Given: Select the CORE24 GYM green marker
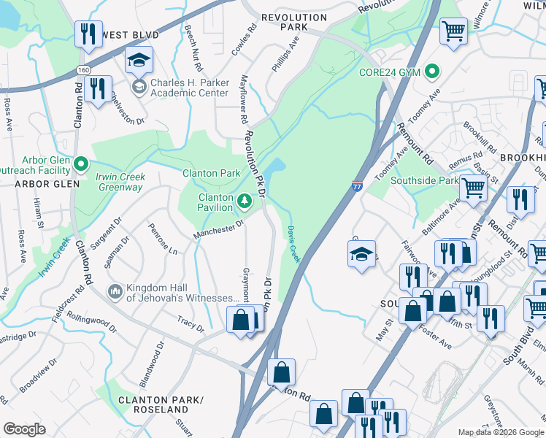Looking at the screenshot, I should tap(432, 72).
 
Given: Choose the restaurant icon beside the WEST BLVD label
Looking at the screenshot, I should tap(88, 33).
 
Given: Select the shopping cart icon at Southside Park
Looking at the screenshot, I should tap(473, 188).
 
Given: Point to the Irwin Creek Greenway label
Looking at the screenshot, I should tap(120, 182).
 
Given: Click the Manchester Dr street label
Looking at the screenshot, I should tap(218, 230).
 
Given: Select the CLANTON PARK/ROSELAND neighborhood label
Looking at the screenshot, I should tap(153, 405).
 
